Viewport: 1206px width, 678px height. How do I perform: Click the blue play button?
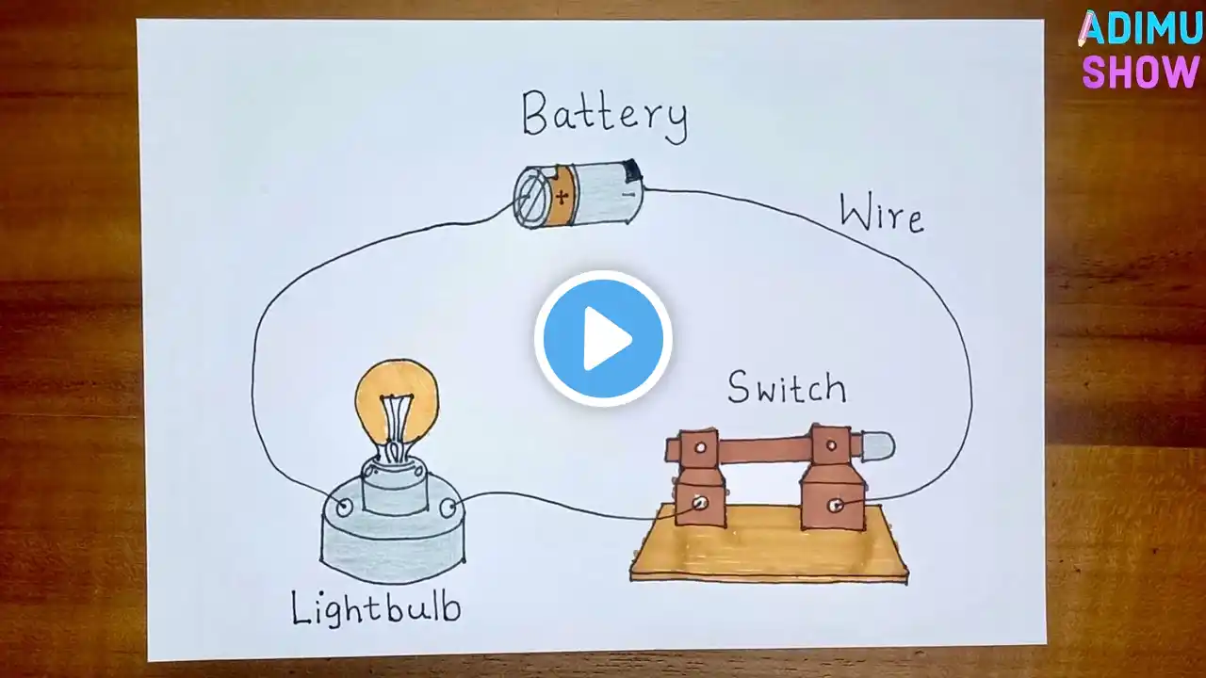click(x=603, y=338)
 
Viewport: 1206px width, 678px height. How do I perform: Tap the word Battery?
click(x=605, y=118)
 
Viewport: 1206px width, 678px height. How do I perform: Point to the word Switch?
click(x=787, y=387)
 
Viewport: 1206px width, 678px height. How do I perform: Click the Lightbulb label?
click(x=376, y=608)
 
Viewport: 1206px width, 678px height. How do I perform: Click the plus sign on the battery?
click(x=562, y=197)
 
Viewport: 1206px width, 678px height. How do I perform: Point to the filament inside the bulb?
click(x=396, y=425)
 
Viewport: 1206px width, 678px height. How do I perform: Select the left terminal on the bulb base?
click(x=344, y=507)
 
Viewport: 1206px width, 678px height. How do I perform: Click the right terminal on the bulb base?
click(x=448, y=508)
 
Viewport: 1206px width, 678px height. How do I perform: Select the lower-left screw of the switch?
click(x=699, y=503)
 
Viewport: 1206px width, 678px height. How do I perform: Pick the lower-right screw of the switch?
click(x=835, y=506)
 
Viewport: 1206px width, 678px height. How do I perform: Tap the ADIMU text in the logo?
click(x=1140, y=28)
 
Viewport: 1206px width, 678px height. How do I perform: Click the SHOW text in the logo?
click(x=1140, y=71)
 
